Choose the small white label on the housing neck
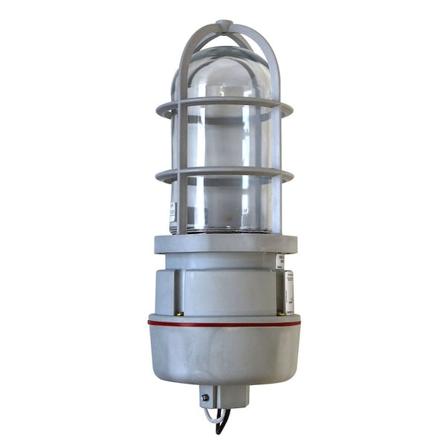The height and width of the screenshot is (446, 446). pyautogui.click(x=279, y=261)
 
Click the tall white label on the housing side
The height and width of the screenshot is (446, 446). pyautogui.click(x=289, y=291)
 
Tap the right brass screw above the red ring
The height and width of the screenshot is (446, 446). pyautogui.click(x=281, y=312)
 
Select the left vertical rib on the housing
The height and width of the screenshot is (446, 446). pyautogui.click(x=178, y=291)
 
